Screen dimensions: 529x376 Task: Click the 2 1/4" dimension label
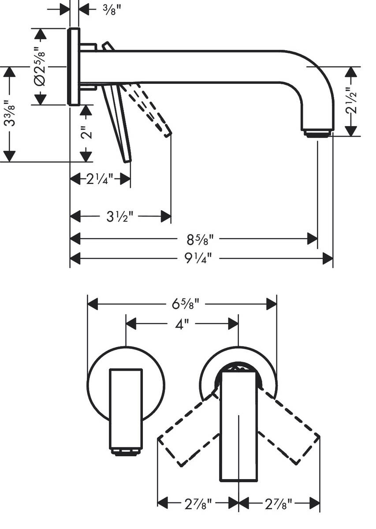pyautogui.click(x=100, y=179)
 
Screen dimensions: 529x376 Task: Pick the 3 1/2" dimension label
pyautogui.click(x=120, y=216)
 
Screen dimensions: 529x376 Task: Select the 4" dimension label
pyautogui.click(x=182, y=324)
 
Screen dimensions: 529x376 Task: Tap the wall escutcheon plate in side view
pyautogui.click(x=73, y=67)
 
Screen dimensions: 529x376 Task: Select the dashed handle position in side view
pyautogui.click(x=148, y=108)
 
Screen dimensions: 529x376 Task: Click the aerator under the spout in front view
pyautogui.click(x=126, y=451)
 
